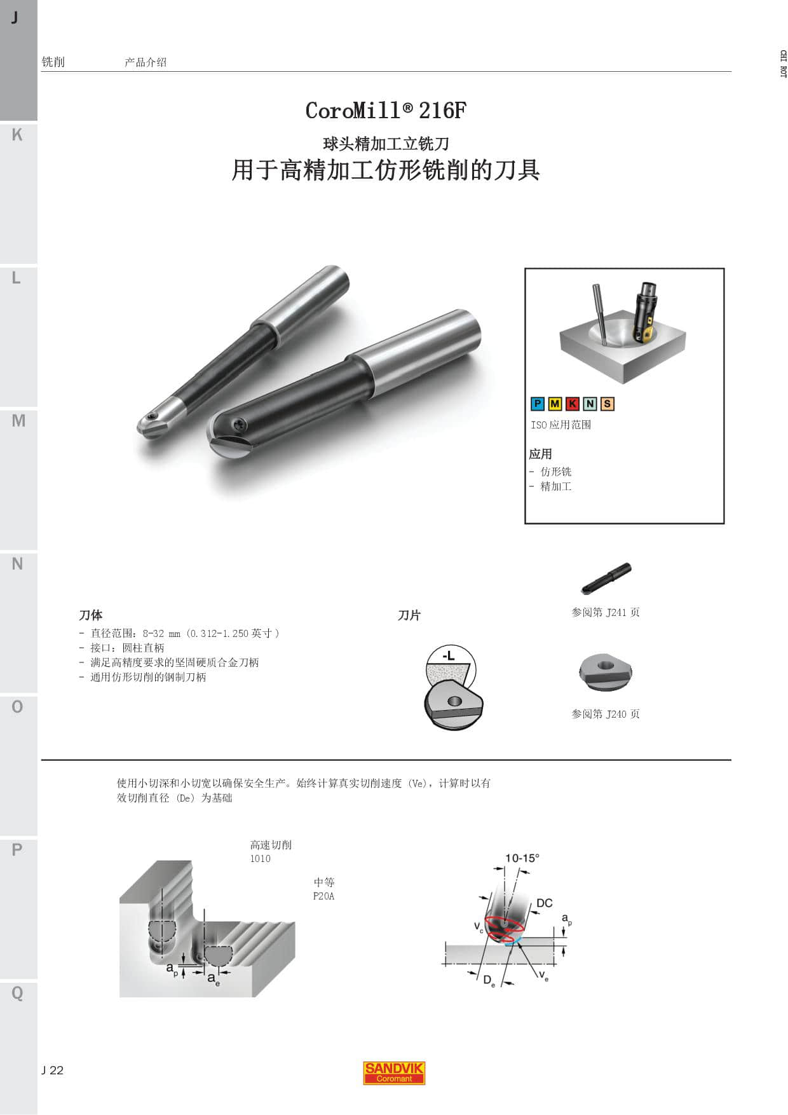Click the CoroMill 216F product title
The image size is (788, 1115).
coord(386,111)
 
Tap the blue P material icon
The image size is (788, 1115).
coord(538,404)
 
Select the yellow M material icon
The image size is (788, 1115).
coord(555,404)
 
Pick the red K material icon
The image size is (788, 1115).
coord(573,404)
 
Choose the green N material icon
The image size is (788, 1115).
coord(590,404)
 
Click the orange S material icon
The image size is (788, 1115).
coord(607,404)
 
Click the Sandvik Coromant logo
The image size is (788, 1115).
coord(394,1073)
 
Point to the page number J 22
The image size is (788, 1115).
coord(53,1070)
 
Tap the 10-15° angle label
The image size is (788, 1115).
coord(522,858)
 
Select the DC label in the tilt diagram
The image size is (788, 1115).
coord(545,903)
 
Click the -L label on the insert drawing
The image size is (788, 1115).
coord(449,655)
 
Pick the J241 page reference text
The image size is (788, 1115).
coord(606,612)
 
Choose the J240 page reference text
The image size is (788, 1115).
coord(606,714)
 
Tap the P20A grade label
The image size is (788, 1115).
coord(323,896)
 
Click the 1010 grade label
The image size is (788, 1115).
coord(260,858)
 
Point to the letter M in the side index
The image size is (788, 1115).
coord(18,421)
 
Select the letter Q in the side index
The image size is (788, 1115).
coord(17,993)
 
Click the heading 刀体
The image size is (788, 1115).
coord(91,615)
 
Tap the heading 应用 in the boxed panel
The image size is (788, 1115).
coord(541,454)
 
